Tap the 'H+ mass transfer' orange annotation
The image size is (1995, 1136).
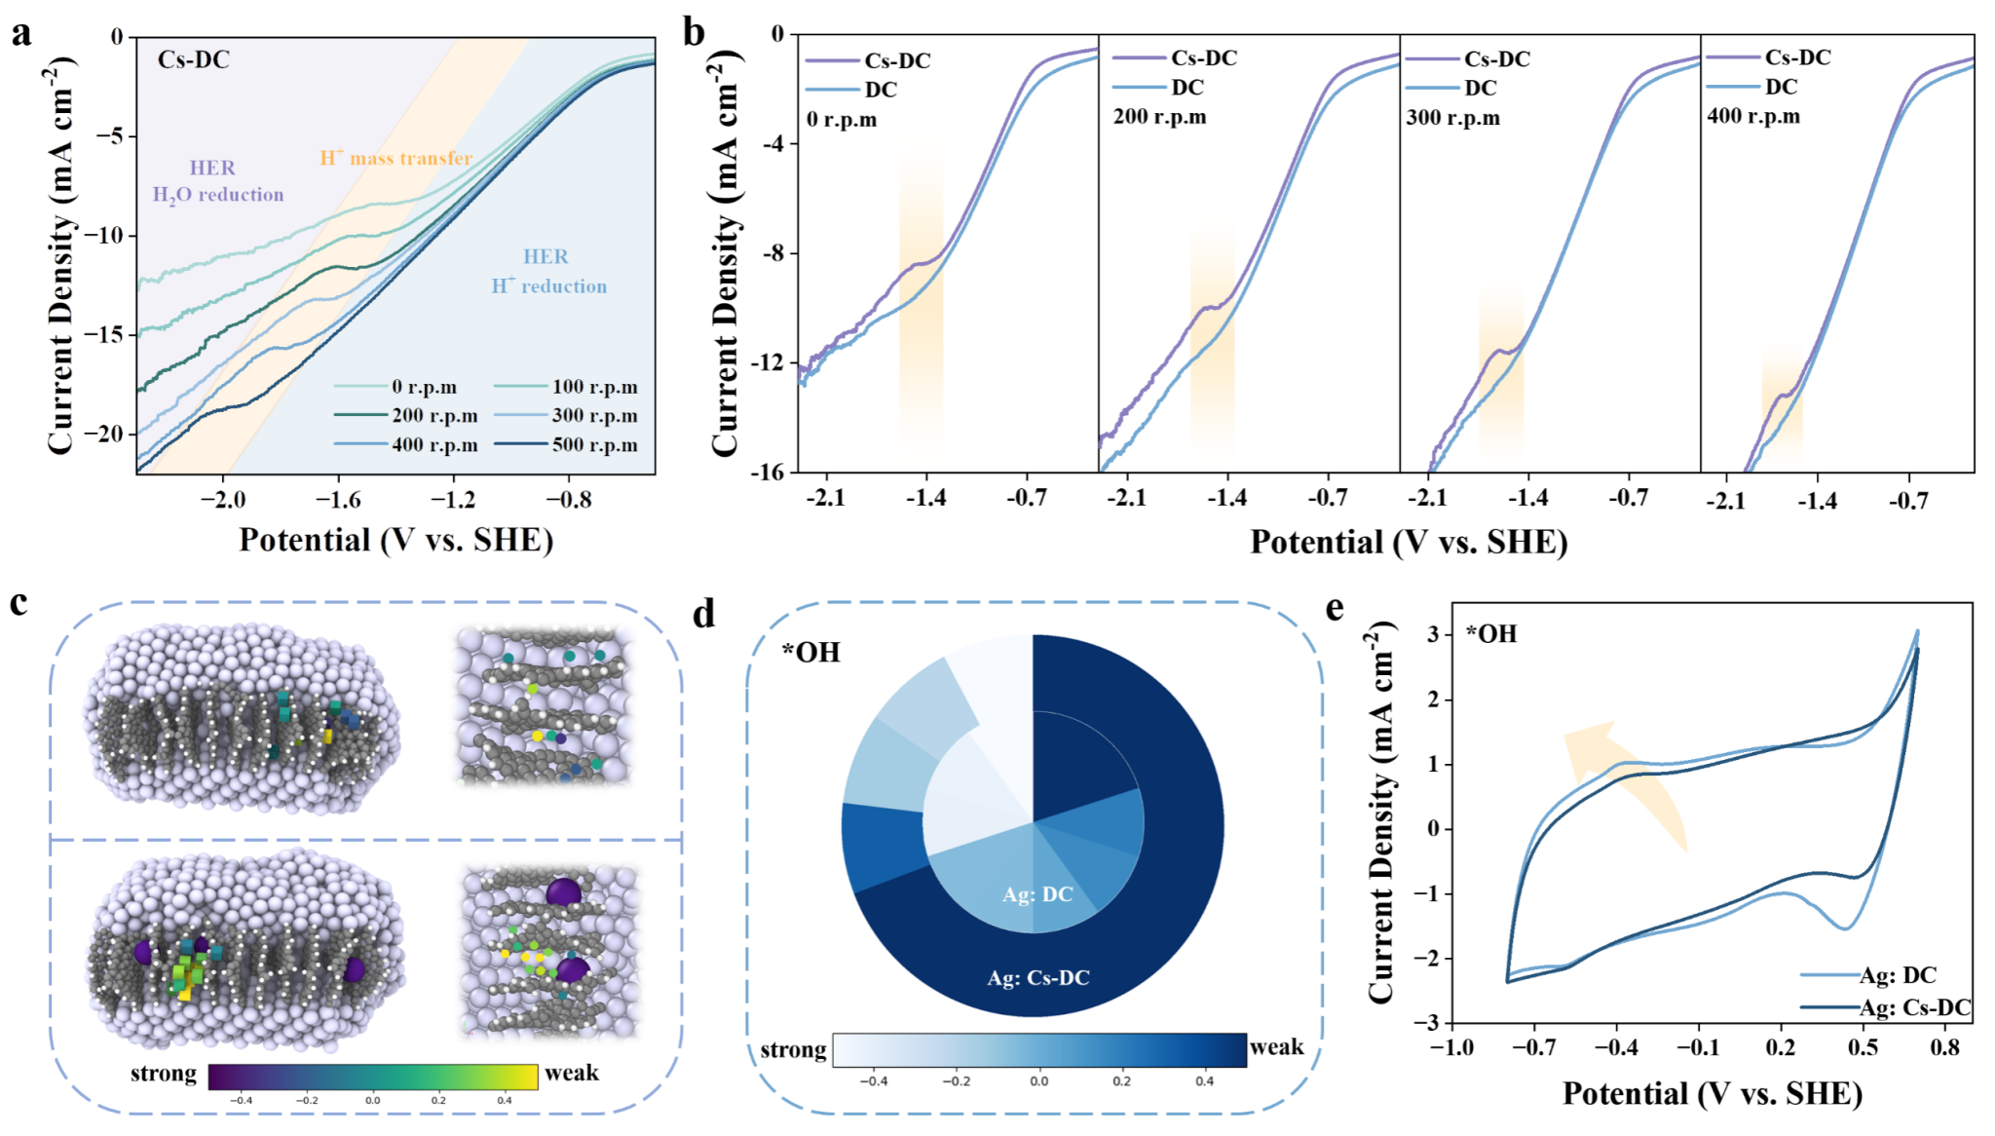point(396,158)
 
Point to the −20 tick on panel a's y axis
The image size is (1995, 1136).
point(105,434)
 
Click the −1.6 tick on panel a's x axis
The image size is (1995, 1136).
point(338,500)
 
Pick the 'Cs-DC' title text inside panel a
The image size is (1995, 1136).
point(194,60)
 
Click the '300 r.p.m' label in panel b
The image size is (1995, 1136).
point(1452,119)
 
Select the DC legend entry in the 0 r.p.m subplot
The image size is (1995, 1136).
point(881,90)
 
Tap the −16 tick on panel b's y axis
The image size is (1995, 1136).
point(767,473)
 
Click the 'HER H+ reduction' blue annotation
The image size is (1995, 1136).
point(548,272)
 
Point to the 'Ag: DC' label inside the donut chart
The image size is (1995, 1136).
point(1037,894)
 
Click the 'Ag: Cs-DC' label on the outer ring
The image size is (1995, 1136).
point(1038,978)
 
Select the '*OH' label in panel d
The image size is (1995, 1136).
point(810,653)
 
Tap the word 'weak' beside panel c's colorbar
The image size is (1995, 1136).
point(572,1073)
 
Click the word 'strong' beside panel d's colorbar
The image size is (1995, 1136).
point(793,1050)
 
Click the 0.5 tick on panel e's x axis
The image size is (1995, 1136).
point(1863,1047)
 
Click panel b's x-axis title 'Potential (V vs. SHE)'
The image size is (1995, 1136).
point(1409,543)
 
